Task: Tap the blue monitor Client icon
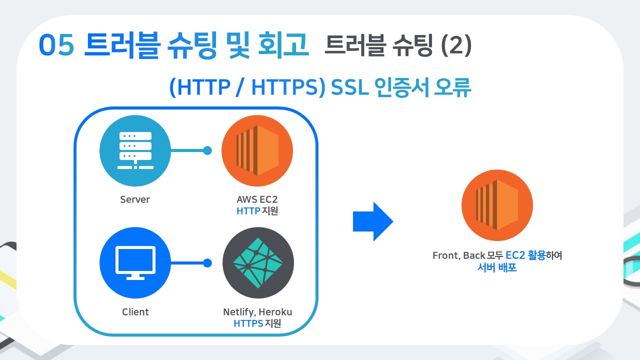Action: click(x=135, y=262)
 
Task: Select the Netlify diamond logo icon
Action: click(x=258, y=262)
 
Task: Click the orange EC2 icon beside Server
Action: click(x=257, y=150)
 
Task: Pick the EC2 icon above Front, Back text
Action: click(x=497, y=205)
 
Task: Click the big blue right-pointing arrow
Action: click(x=373, y=221)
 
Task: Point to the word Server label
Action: click(x=135, y=199)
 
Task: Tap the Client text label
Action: click(x=135, y=312)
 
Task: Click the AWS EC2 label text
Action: click(x=257, y=199)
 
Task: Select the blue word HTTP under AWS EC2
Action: click(x=248, y=211)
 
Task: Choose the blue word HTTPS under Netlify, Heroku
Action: click(x=248, y=323)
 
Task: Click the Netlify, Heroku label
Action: click(x=257, y=312)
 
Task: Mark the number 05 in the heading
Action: click(x=57, y=46)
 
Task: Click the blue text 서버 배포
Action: click(x=497, y=267)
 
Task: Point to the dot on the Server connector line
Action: click(x=207, y=150)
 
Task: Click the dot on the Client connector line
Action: click(x=207, y=262)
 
